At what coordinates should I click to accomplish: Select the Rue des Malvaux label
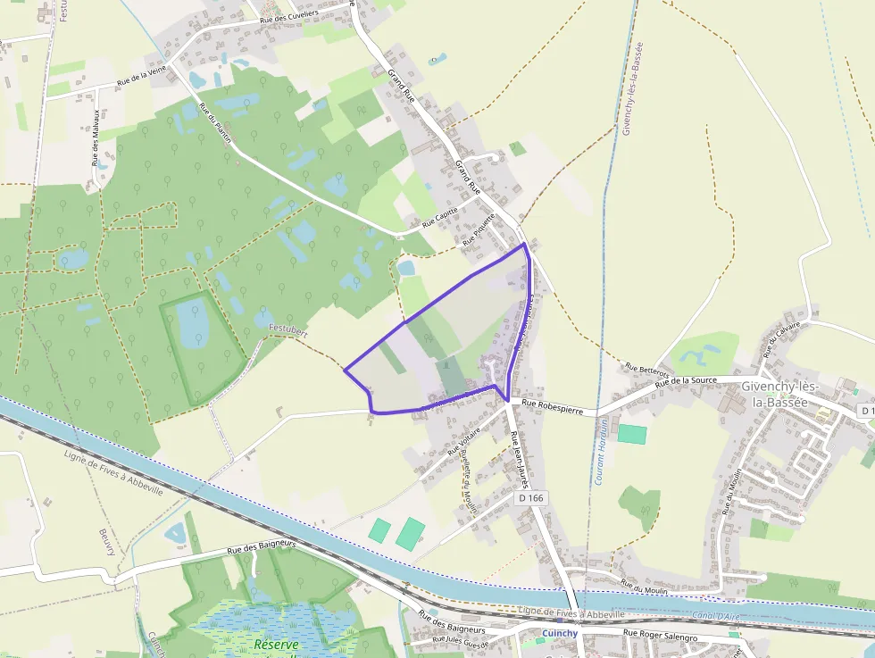(96, 137)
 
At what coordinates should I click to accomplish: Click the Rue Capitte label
(439, 218)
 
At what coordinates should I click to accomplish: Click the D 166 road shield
(530, 497)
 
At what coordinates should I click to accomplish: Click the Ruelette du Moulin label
(467, 482)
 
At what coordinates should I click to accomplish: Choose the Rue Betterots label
(646, 367)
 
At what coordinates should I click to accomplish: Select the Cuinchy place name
(560, 633)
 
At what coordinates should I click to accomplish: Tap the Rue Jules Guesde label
(461, 640)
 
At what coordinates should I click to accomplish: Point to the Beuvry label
(108, 541)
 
